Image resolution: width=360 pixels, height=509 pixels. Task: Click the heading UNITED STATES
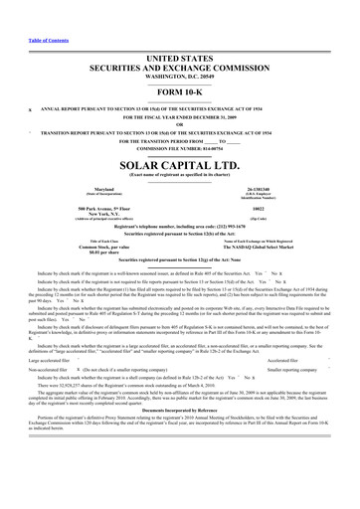(x=180, y=32)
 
